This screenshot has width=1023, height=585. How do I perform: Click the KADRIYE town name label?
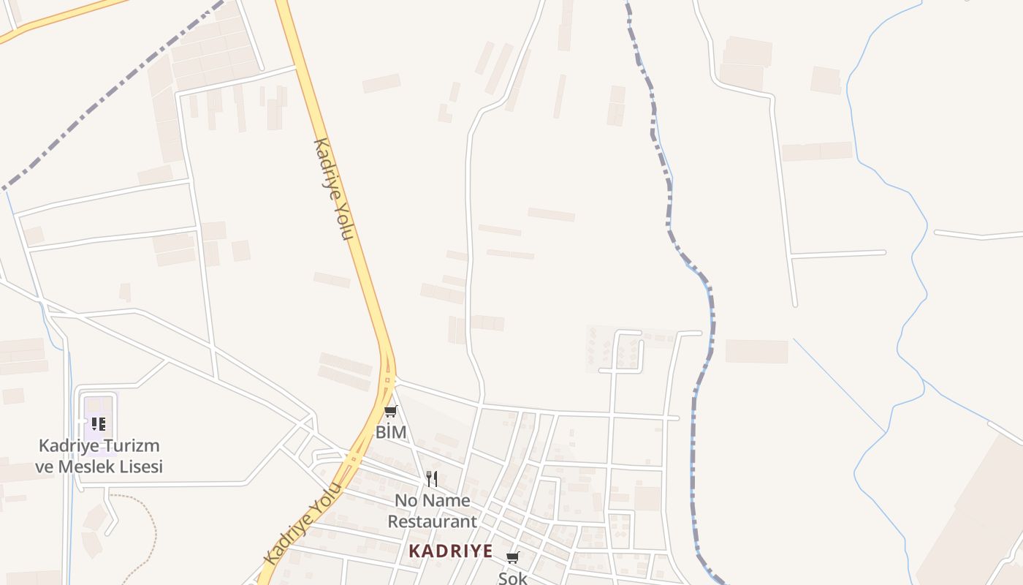[450, 551]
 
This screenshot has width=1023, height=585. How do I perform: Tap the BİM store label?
[391, 432]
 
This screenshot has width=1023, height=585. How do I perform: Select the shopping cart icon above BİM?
[391, 412]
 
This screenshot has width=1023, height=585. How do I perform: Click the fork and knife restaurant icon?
[432, 479]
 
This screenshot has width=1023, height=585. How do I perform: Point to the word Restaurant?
[432, 521]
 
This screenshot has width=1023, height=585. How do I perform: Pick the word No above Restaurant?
[406, 501]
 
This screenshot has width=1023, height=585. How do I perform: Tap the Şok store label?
[512, 578]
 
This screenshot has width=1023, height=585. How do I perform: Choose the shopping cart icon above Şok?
[512, 558]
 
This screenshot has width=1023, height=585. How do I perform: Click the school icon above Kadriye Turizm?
[99, 423]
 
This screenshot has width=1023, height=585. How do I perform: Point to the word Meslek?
[88, 467]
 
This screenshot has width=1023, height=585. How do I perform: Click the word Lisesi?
[141, 467]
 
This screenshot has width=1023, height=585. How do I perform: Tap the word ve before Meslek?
[45, 467]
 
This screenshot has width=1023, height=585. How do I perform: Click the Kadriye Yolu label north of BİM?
[334, 188]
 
